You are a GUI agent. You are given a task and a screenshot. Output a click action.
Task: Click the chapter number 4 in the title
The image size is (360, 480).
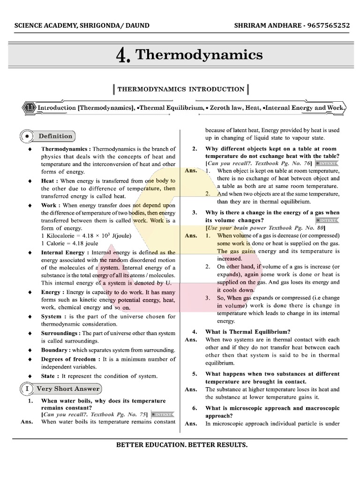(x=123, y=56)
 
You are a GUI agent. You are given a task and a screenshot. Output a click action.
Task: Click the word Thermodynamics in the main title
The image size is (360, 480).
(x=199, y=55)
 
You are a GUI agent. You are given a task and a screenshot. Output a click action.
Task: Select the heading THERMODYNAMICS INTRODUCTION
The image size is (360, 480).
(x=180, y=89)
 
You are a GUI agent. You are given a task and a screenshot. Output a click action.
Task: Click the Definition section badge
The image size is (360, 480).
(x=55, y=136)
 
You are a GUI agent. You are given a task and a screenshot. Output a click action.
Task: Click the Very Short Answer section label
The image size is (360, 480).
(x=68, y=389)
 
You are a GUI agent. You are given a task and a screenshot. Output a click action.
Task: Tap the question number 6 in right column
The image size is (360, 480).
(x=195, y=408)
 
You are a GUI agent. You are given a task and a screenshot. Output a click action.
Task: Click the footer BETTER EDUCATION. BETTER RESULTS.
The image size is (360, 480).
(x=182, y=444)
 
